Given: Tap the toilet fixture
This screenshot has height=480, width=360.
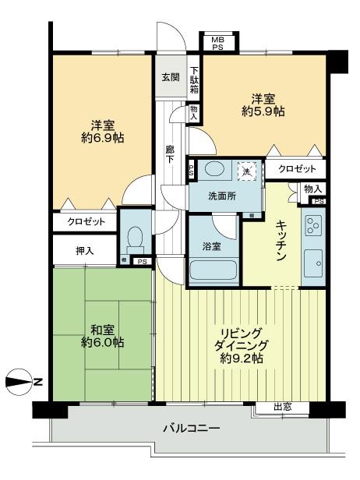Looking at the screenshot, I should pos(135,235).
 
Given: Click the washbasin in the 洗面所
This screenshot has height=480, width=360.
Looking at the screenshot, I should pos(211,171).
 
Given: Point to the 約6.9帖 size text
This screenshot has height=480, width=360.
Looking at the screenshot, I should pos(103,138).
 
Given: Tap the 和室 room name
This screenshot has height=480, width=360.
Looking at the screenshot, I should pos(102,328).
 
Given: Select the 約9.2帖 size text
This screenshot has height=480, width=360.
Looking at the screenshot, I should pos(240,358).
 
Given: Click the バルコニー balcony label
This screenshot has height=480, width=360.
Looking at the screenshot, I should pos(191,428).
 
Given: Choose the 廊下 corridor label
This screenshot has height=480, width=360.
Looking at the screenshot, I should pos(169,154).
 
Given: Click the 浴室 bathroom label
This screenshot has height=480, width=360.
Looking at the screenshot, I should pos(212,246).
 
